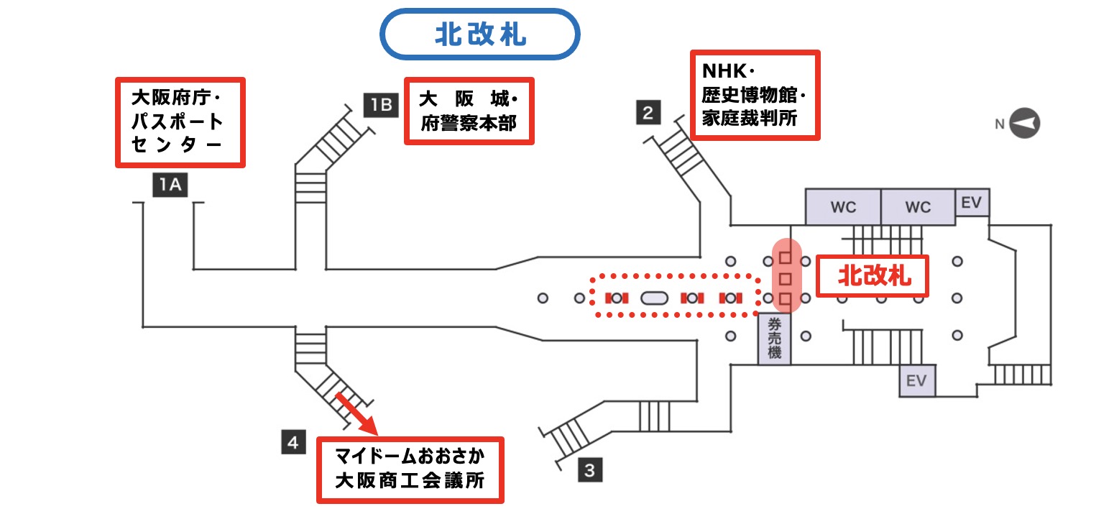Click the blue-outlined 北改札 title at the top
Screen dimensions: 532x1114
(479, 35)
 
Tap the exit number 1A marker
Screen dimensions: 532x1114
(169, 186)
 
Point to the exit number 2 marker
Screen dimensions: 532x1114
(648, 113)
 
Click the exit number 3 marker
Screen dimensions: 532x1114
(589, 471)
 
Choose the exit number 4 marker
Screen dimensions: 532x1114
(293, 442)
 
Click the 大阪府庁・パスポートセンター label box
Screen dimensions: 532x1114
(180, 123)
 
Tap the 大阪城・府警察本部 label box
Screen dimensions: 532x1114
(469, 111)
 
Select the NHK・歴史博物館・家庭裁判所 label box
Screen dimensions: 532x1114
(754, 95)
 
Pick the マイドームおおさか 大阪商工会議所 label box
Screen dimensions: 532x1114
(410, 469)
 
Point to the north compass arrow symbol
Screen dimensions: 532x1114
(1023, 124)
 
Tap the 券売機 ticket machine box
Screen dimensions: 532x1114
(774, 340)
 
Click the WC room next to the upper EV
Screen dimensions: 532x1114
(918, 207)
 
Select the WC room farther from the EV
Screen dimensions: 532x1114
(843, 207)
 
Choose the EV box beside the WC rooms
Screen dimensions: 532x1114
(971, 203)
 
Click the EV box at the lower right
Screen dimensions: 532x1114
(916, 380)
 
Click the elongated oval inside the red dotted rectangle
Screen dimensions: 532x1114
(654, 298)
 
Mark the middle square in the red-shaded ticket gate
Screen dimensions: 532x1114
(786, 278)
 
